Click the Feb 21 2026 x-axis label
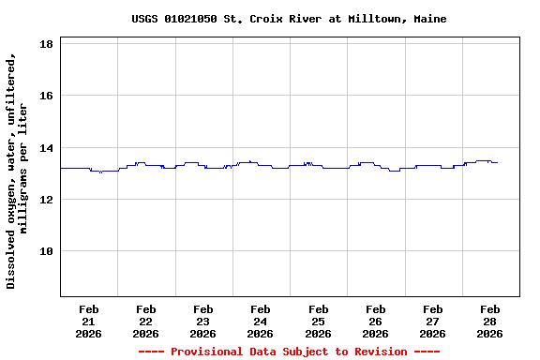pyautogui.click(x=89, y=321)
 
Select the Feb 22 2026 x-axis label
pyautogui.click(x=146, y=321)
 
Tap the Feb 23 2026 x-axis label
pyautogui.click(x=203, y=321)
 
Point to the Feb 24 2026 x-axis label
pyautogui.click(x=261, y=321)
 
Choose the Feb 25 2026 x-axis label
pyautogui.click(x=318, y=321)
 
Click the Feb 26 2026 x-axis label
pyautogui.click(x=375, y=321)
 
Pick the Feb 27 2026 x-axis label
pyautogui.click(x=432, y=321)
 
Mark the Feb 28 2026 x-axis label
pyautogui.click(x=489, y=321)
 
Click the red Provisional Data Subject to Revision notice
pyautogui.click(x=289, y=352)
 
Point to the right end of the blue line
pyautogui.click(x=497, y=163)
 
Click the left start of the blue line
pyautogui.click(x=61, y=168)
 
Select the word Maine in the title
pyautogui.click(x=429, y=19)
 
